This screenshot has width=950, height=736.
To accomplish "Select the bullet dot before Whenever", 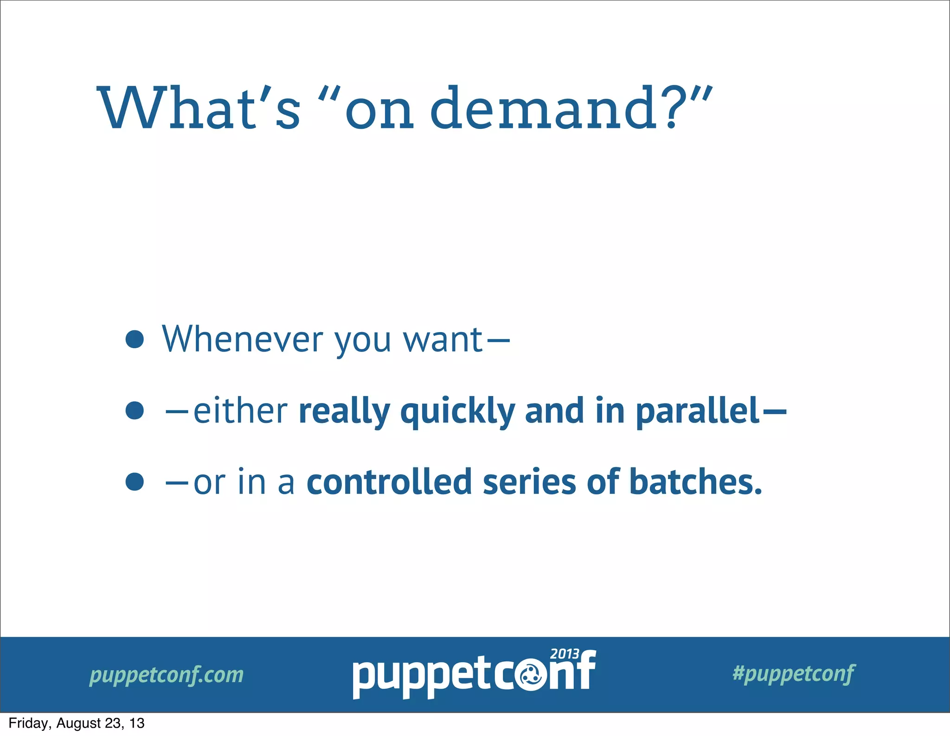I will point(135,339).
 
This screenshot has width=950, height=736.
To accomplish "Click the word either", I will point(240,411).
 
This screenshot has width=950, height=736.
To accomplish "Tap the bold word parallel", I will point(697,411).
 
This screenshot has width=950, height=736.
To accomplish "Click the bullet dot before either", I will point(135,410).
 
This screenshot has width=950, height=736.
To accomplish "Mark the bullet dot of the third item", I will point(135,481).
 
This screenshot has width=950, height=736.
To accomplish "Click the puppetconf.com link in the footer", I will point(167,675).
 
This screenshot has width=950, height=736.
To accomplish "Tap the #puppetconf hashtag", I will point(793,673).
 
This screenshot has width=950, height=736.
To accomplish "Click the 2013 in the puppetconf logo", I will point(564,654).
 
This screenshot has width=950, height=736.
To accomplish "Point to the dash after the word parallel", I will point(774,411).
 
